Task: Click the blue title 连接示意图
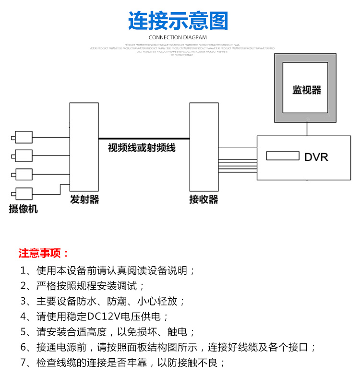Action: [x=179, y=22]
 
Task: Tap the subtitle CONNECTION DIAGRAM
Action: [x=178, y=37]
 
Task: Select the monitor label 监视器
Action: [x=307, y=90]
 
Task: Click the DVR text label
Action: [x=316, y=156]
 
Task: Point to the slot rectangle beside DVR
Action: [x=282, y=156]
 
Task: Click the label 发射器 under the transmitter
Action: [x=84, y=199]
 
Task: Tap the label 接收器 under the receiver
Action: [x=204, y=199]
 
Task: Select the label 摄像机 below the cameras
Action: [x=23, y=209]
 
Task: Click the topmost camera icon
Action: [x=23, y=138]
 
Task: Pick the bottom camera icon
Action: [x=23, y=193]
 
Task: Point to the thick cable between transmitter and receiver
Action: [x=144, y=139]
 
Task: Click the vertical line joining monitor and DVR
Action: [x=307, y=129]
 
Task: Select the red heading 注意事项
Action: [x=44, y=253]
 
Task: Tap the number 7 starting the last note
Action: [x=24, y=363]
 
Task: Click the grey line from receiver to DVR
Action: [x=238, y=147]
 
